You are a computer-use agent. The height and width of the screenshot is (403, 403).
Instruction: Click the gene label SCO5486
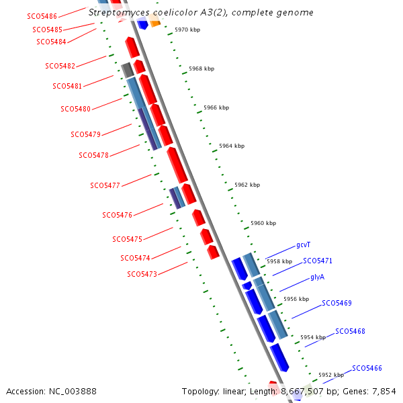(42, 15)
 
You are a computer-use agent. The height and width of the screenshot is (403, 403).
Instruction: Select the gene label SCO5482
(60, 66)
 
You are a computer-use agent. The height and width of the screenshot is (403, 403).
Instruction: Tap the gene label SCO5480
(75, 109)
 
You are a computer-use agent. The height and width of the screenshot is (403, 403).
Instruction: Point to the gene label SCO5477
(105, 185)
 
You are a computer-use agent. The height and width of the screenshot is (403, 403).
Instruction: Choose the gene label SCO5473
(142, 274)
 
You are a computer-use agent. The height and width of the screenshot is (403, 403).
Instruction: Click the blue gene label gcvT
(304, 245)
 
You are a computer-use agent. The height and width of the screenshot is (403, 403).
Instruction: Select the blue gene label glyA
(318, 277)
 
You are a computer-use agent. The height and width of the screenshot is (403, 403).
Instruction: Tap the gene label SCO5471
(318, 261)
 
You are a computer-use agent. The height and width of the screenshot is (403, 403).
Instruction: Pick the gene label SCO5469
(337, 303)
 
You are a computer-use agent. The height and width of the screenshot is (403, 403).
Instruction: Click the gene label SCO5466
(367, 368)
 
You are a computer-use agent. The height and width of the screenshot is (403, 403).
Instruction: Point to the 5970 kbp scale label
(187, 30)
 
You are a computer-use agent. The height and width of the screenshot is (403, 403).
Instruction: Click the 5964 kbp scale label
(232, 146)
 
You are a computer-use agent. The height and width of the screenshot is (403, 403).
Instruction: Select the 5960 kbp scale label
(263, 223)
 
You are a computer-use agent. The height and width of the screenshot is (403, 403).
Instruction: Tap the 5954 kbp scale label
(312, 337)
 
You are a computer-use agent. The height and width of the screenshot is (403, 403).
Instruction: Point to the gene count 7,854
(383, 391)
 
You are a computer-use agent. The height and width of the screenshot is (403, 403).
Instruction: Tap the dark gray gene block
(127, 69)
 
